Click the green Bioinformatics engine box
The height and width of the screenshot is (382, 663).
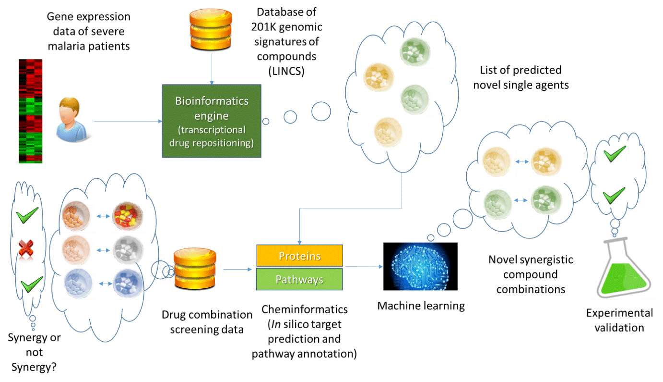(x=212, y=121)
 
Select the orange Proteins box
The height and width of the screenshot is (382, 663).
(x=299, y=256)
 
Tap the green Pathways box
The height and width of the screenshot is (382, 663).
(x=299, y=279)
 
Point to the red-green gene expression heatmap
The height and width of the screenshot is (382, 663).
(x=30, y=111)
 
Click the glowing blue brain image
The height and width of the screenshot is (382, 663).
(x=420, y=266)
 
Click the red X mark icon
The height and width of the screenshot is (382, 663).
(x=24, y=248)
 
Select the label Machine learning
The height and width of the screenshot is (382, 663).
(x=421, y=306)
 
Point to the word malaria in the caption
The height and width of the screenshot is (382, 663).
(x=69, y=46)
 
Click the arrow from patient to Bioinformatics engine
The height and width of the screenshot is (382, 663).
(x=128, y=122)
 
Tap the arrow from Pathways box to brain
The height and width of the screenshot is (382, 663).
(x=362, y=267)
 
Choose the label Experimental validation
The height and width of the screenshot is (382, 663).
(x=619, y=320)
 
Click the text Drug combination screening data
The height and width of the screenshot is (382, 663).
(x=207, y=322)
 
